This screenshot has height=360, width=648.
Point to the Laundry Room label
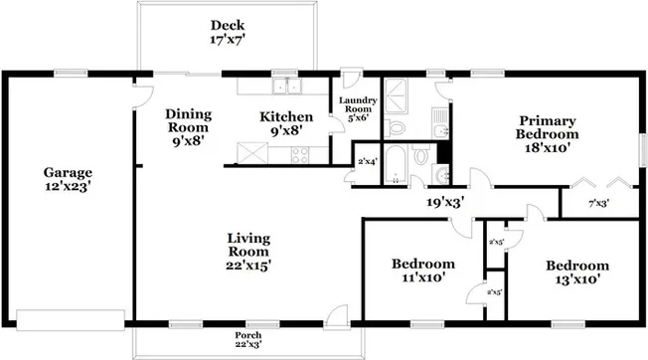click(355, 108)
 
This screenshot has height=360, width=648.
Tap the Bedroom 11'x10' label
click(422, 270)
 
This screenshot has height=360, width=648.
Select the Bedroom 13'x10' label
click(577, 272)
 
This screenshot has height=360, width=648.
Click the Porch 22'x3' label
click(247, 339)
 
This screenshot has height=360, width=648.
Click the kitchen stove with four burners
click(296, 153)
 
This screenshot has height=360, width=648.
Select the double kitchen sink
click(283, 85)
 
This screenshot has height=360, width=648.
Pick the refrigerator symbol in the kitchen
click(250, 153)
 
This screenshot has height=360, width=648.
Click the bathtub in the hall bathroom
click(395, 163)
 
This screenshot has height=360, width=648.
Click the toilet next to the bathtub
click(420, 157)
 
